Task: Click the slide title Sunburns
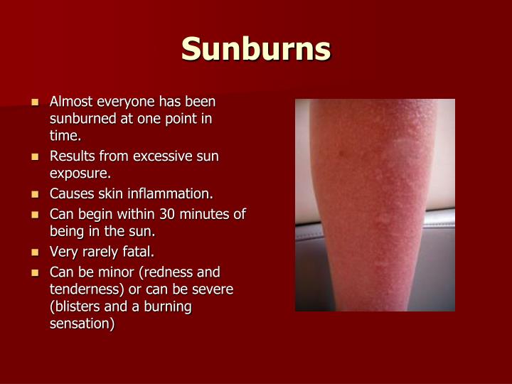(256, 49)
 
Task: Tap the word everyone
(122, 102)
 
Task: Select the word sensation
(81, 324)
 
